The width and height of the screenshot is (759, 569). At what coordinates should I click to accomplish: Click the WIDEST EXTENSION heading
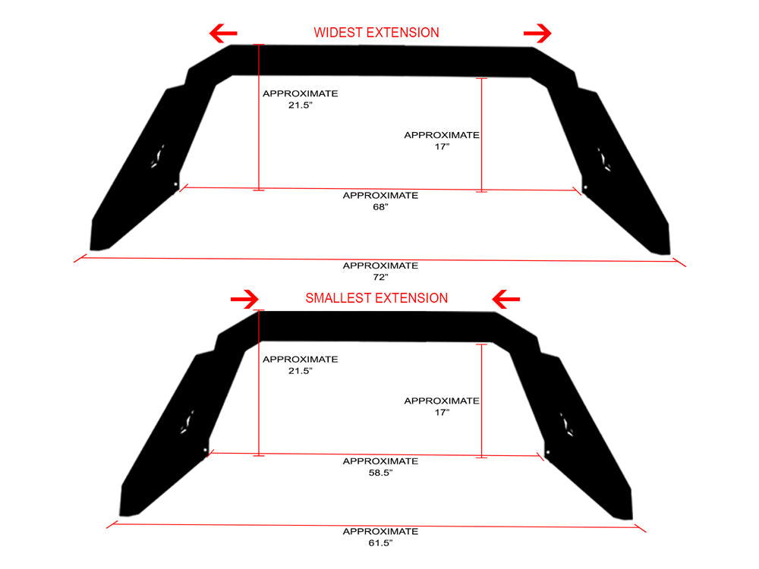(376, 33)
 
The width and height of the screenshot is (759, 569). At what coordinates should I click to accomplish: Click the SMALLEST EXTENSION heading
(376, 298)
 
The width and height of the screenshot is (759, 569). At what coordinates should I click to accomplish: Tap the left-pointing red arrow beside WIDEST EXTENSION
(223, 33)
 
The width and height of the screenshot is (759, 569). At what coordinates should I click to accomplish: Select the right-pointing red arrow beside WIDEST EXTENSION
(537, 33)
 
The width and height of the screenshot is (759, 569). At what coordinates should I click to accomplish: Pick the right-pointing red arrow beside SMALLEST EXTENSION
(244, 299)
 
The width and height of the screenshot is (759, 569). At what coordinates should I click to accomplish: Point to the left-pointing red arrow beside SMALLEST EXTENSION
(505, 299)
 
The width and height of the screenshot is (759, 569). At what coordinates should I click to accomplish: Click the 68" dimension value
(380, 207)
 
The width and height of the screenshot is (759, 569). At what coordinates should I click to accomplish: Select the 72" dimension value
(380, 277)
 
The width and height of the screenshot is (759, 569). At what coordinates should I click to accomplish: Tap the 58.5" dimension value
(380, 473)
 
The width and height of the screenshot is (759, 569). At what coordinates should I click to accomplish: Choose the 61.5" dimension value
(380, 543)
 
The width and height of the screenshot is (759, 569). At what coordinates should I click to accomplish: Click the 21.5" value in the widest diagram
(301, 105)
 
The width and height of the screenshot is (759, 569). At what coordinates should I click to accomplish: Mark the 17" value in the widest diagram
(442, 146)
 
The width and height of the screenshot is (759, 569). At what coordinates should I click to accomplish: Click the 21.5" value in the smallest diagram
(301, 371)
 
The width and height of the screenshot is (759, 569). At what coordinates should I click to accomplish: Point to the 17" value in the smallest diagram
(442, 413)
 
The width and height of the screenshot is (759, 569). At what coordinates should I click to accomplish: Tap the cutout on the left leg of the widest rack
(157, 156)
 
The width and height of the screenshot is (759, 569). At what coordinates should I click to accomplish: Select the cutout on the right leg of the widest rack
(604, 159)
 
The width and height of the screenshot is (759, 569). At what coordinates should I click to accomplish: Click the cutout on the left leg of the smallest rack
(187, 421)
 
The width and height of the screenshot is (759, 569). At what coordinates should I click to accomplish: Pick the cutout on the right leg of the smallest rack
(566, 424)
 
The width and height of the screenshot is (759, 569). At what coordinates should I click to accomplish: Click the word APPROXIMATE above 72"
(380, 266)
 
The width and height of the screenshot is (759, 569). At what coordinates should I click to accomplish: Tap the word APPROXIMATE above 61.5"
(380, 531)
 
